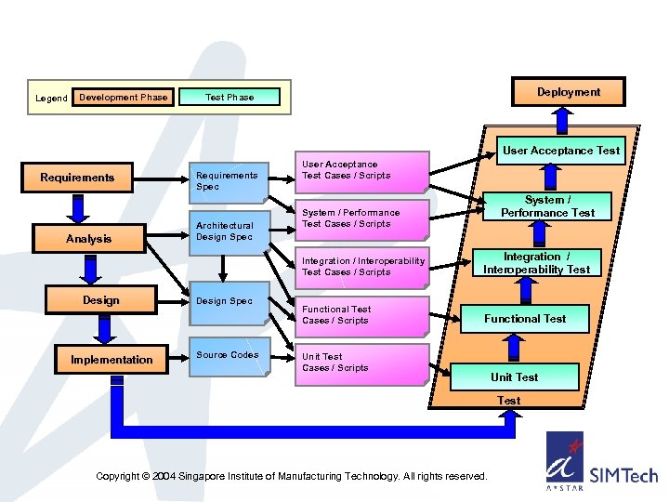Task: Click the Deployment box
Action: coord(568,92)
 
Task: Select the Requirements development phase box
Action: coord(78,178)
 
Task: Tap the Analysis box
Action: coord(88,239)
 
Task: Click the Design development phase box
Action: coord(100,300)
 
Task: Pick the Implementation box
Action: coord(112,360)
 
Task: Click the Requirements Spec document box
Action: coord(229,180)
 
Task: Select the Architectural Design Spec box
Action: coord(229,231)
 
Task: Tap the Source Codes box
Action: coord(229,355)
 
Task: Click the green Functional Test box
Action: coord(525,319)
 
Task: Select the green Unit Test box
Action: coord(515,376)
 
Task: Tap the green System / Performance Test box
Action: coord(547,206)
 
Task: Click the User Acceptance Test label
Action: coord(561,150)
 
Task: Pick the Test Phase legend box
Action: coord(229,97)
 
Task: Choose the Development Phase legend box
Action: coord(124,98)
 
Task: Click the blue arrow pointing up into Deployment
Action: coord(562,118)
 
